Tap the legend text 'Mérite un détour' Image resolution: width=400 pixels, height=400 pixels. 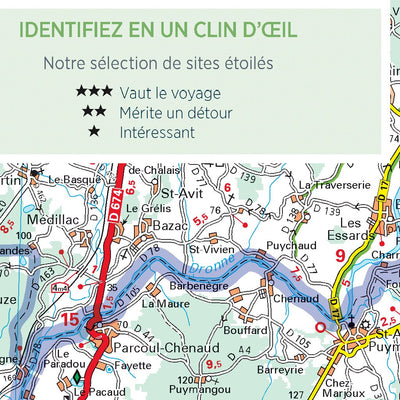[176, 112]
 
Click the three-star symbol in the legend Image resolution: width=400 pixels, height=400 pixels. [94, 92]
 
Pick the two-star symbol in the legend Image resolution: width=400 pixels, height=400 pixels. [94, 112]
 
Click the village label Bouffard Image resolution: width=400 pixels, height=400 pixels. [245, 329]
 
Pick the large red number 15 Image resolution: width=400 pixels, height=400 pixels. [69, 320]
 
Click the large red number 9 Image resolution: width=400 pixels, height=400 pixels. [341, 256]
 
